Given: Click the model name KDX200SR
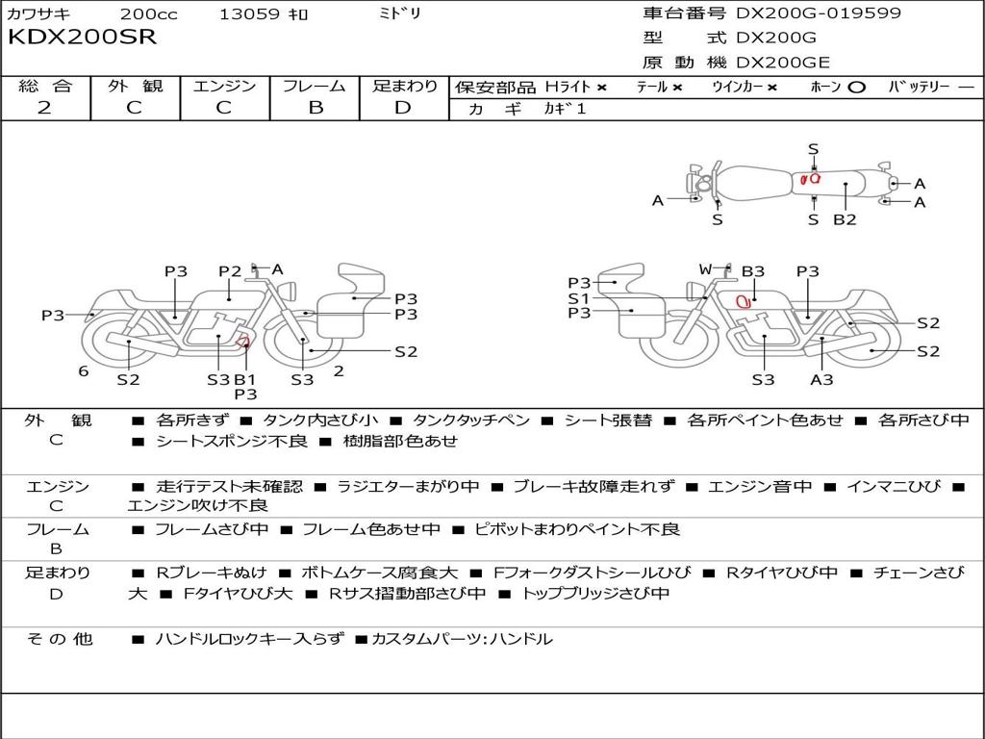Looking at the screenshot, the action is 82,38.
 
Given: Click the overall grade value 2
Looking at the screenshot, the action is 44,108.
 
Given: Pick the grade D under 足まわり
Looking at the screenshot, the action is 403,108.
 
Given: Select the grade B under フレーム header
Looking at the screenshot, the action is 315,108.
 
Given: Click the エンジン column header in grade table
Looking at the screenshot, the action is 224,87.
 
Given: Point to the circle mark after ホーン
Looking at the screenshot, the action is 856,88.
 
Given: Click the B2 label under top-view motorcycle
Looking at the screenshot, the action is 845,219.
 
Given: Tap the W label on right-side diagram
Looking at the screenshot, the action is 705,270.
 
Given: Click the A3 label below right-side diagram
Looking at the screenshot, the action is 821,379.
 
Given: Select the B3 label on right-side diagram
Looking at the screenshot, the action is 752,272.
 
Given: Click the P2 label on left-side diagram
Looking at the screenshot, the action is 230,271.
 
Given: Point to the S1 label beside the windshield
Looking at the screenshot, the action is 578,298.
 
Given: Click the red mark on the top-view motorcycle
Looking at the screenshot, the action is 810,178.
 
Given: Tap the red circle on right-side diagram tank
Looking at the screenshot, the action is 743,301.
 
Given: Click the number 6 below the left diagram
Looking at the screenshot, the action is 84,371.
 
